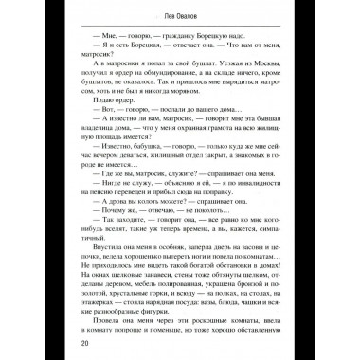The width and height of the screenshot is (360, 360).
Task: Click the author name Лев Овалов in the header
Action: pos(179,19)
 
